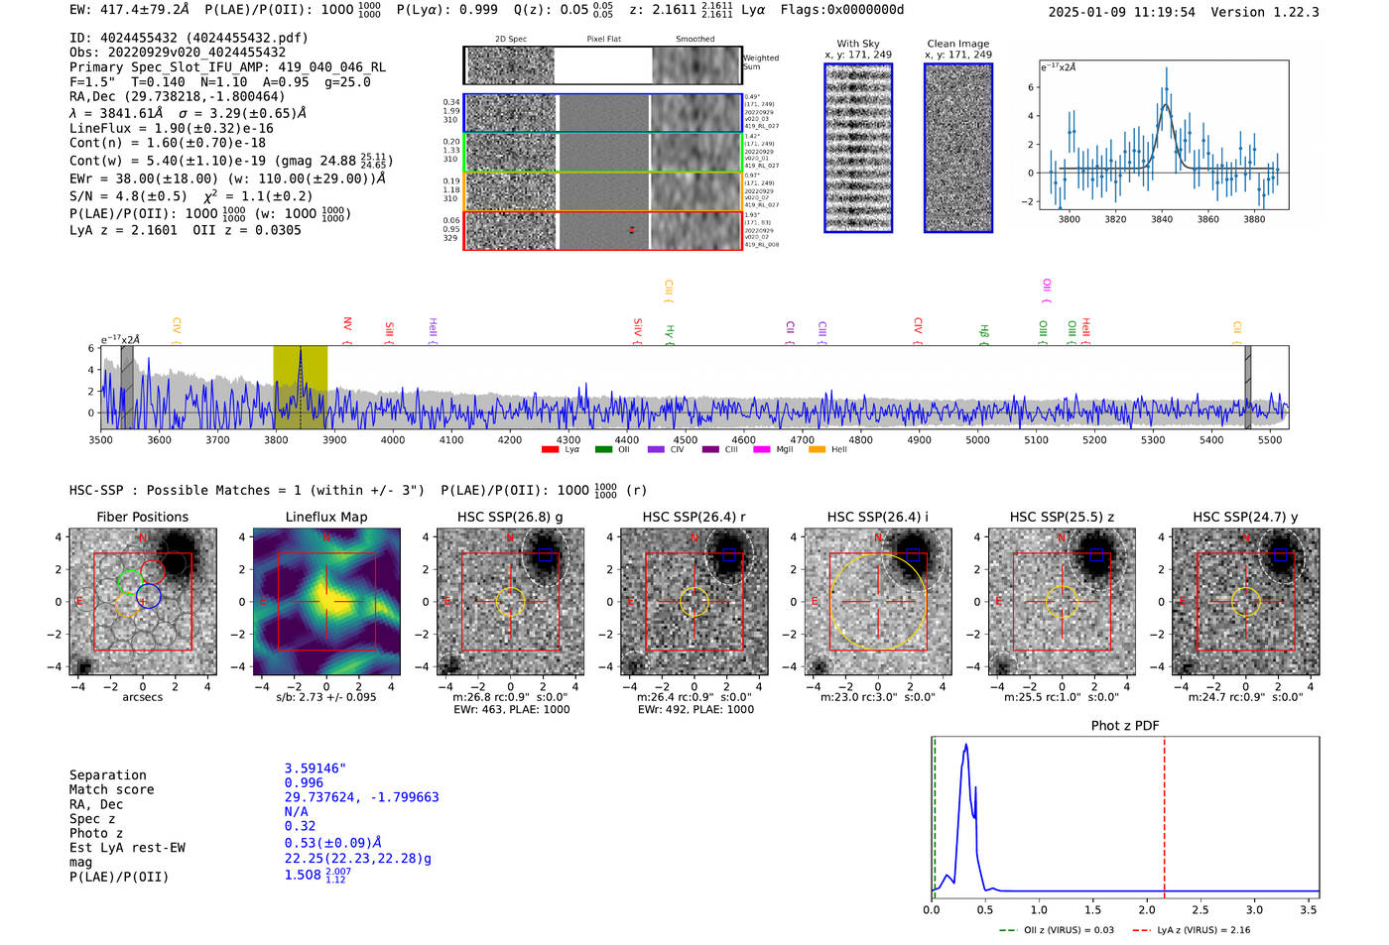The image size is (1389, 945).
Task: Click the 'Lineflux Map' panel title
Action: coord(325,517)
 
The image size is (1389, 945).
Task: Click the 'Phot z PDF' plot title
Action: coord(1125,725)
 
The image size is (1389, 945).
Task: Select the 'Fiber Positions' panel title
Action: coord(142,517)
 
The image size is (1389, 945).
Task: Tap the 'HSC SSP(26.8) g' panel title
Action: coord(510,517)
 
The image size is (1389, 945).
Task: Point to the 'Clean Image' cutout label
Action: coord(957,44)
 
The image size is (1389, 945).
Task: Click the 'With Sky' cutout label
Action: coord(857,44)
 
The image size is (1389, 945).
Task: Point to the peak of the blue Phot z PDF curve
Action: coord(965,745)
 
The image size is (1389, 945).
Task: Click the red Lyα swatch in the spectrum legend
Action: coord(550,450)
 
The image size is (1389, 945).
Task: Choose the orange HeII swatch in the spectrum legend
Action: coord(817,450)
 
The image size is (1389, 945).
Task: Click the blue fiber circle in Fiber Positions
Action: coord(149,596)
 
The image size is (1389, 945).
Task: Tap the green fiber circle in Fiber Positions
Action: coord(129,581)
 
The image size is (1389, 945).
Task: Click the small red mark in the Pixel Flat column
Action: coord(632,230)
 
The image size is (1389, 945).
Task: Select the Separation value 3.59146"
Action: coord(316,768)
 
